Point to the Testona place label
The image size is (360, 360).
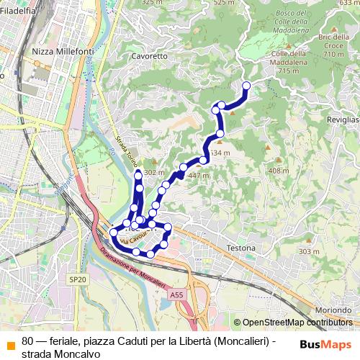pyautogui.click(x=240, y=248)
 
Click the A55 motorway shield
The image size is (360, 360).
pyautogui.click(x=177, y=295)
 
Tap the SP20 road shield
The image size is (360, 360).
pyautogui.click(x=77, y=279)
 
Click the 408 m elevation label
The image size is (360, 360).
pyautogui.click(x=278, y=171)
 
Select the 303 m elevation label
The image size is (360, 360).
pyautogui.click(x=309, y=251)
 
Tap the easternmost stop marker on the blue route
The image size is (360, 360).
pyautogui.click(x=246, y=86)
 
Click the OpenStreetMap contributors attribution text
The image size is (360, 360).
pyautogui.click(x=297, y=323)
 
